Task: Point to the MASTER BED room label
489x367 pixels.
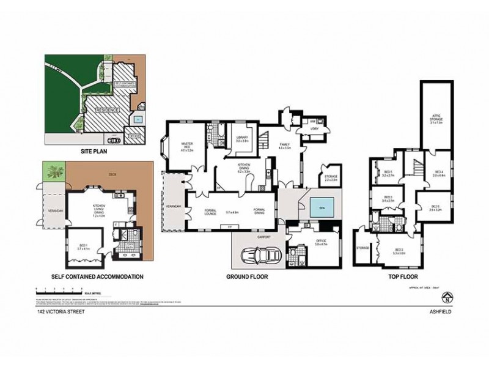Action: click(187, 146)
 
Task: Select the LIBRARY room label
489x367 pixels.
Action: click(241, 139)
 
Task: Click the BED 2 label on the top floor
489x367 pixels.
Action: click(399, 250)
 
